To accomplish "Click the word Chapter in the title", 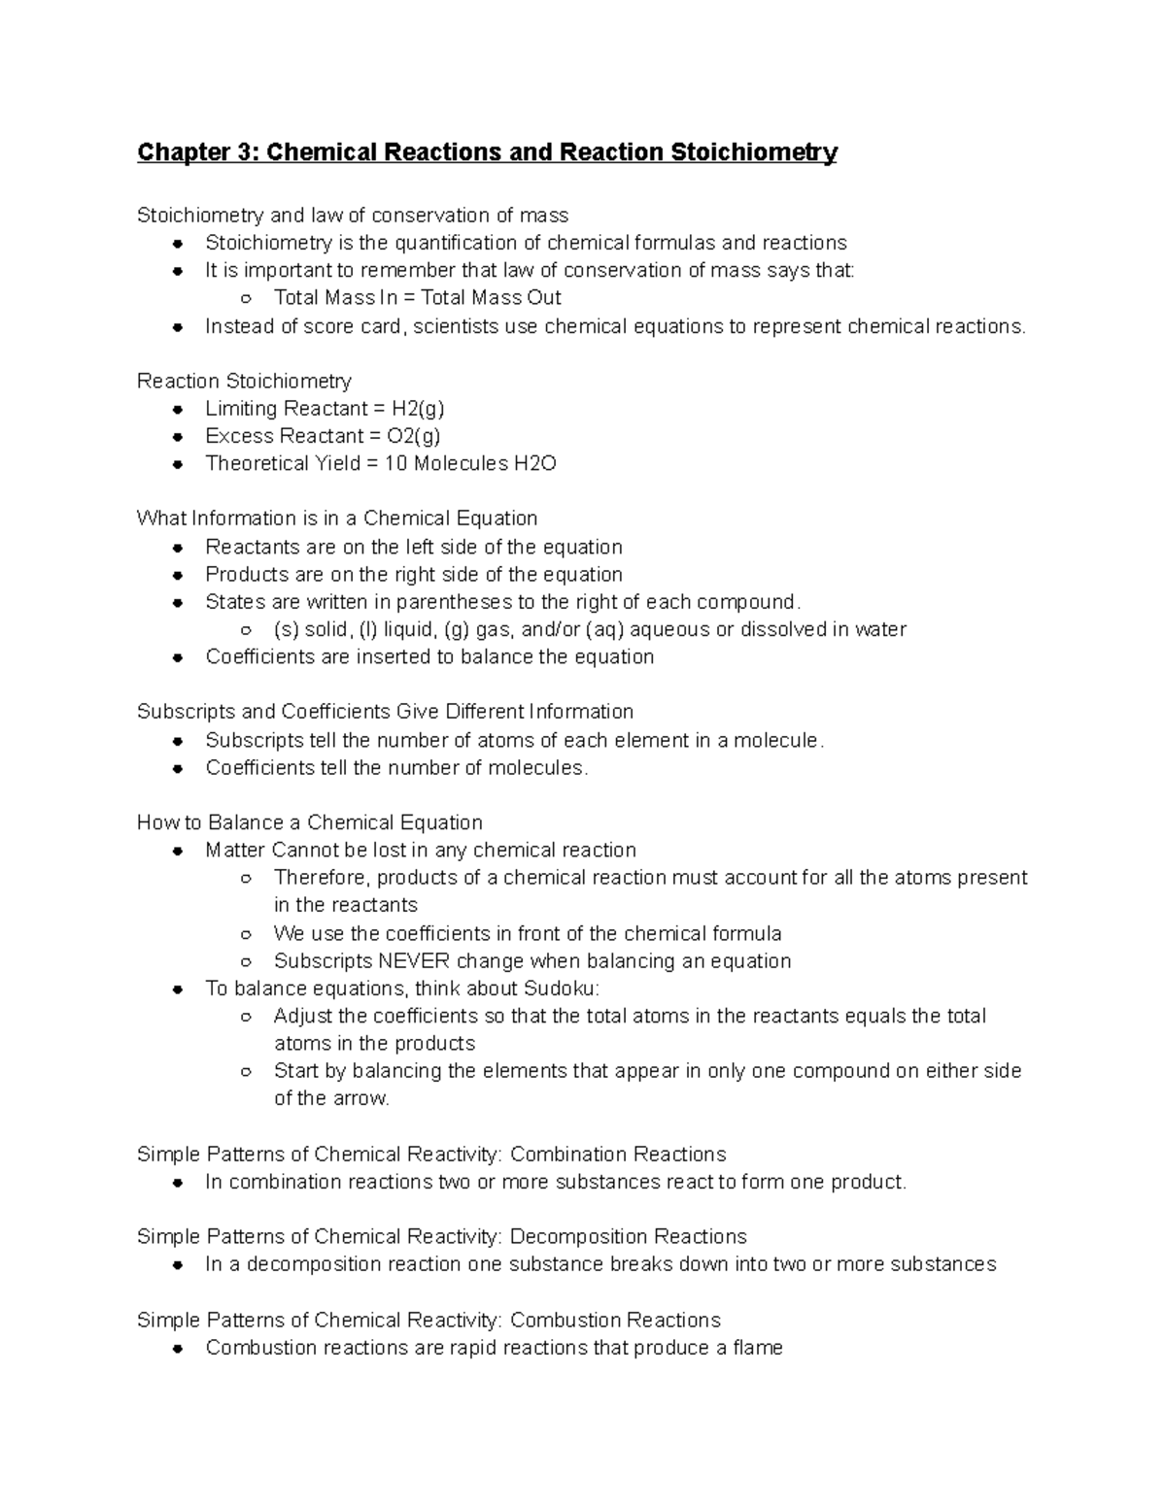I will pyautogui.click(x=184, y=152).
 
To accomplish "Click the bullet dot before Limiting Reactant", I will pyautogui.click(x=178, y=409).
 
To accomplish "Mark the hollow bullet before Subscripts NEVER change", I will pyautogui.click(x=247, y=961).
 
